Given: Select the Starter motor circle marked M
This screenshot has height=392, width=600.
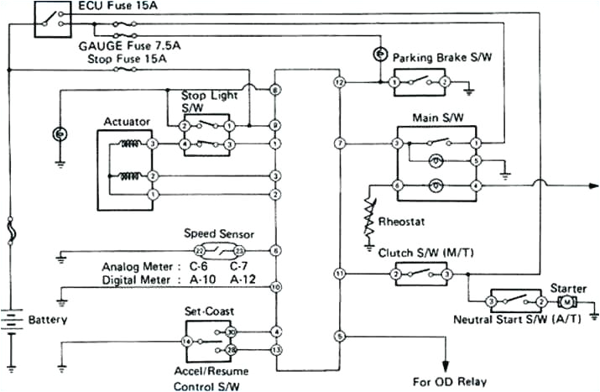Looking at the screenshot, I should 567,301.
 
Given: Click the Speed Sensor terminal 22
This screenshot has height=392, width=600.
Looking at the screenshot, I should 199,251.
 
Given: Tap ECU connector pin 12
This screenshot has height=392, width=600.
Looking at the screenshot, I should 339,82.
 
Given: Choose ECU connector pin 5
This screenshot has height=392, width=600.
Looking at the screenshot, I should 339,336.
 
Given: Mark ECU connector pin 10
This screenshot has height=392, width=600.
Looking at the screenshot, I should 274,287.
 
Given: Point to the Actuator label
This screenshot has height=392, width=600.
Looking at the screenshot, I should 126,122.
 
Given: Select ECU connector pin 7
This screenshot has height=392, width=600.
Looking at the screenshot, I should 339,144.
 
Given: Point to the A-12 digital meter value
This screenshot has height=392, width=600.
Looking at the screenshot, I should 243,279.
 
